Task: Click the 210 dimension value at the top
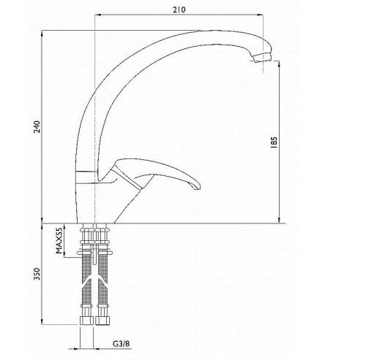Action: tap(179, 9)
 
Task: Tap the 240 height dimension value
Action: tap(37, 126)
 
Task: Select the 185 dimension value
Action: tap(274, 142)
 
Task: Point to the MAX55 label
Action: tap(59, 241)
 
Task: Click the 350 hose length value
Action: tap(37, 274)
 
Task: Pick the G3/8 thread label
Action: tap(122, 344)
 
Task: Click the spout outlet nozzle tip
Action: tap(262, 58)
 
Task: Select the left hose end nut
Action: tap(86, 321)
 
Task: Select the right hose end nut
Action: tap(102, 321)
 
